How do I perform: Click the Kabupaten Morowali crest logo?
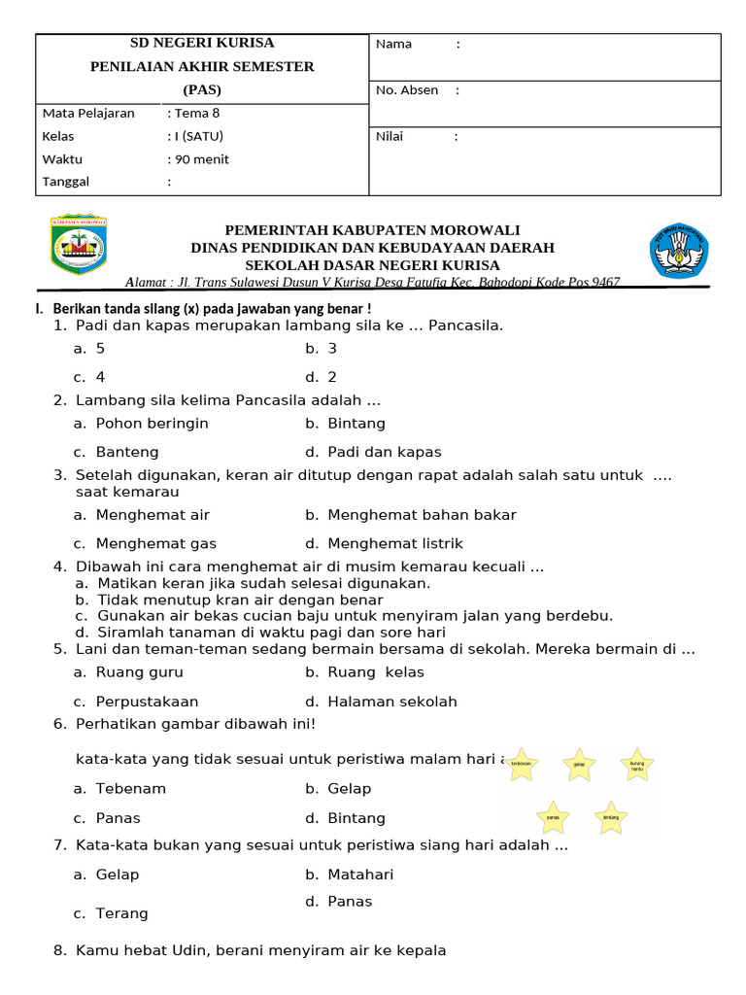(x=79, y=244)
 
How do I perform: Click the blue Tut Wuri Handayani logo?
(x=679, y=250)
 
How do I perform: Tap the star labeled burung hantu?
(x=637, y=765)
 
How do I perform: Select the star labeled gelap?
(x=579, y=765)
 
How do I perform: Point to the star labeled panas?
(x=553, y=817)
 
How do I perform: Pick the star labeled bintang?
(x=611, y=817)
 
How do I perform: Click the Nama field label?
(x=393, y=44)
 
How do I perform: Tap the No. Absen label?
(x=407, y=90)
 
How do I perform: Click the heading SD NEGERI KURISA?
(x=202, y=43)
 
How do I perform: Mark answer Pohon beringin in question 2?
(x=152, y=424)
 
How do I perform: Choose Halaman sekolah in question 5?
(x=391, y=702)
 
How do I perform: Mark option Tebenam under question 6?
(x=131, y=789)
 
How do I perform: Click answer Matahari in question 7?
(x=360, y=875)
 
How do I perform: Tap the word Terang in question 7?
(x=121, y=913)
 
